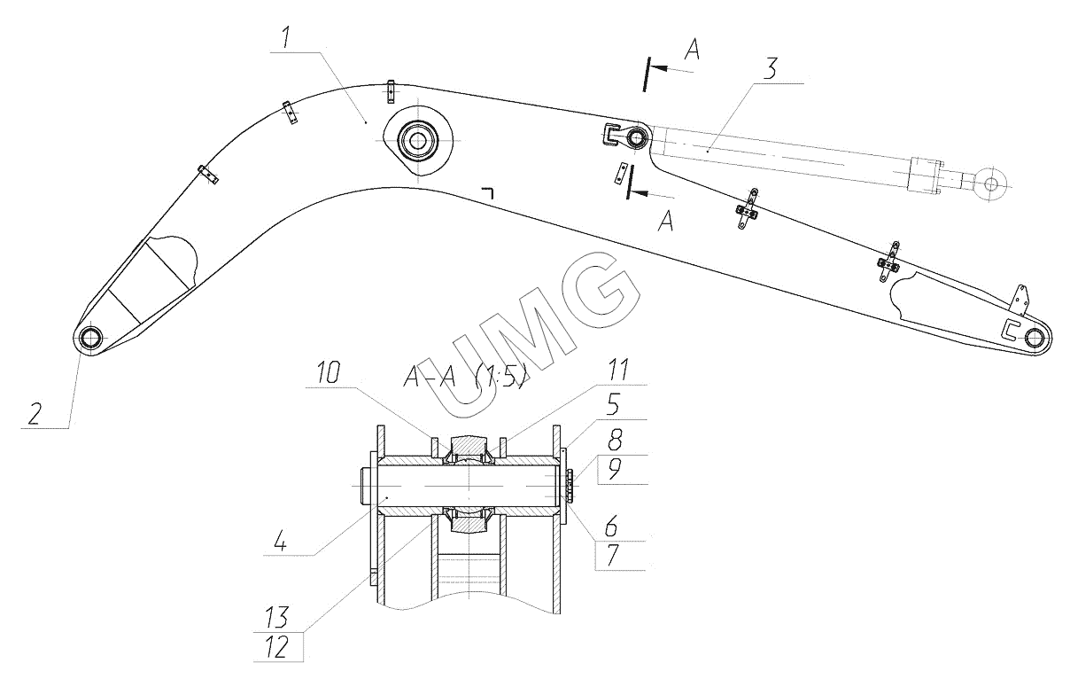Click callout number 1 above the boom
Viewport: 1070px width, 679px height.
(x=285, y=38)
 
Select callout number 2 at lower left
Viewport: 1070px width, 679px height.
(x=35, y=414)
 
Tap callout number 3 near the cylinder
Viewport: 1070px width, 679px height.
(x=770, y=69)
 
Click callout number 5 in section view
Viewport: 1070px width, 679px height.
(x=613, y=404)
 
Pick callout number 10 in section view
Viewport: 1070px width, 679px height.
(x=329, y=373)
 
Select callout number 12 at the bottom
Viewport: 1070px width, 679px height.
(x=276, y=647)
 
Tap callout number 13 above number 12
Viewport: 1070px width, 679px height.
(x=276, y=617)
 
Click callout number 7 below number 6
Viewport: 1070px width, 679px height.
(x=612, y=555)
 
